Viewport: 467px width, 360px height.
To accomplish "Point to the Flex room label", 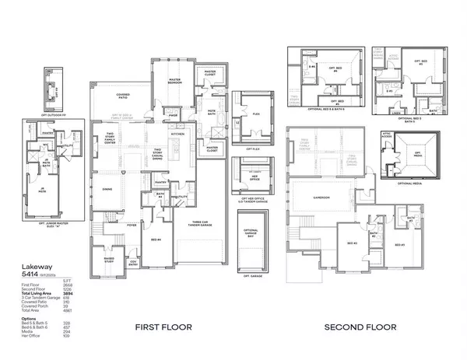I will (254, 111).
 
